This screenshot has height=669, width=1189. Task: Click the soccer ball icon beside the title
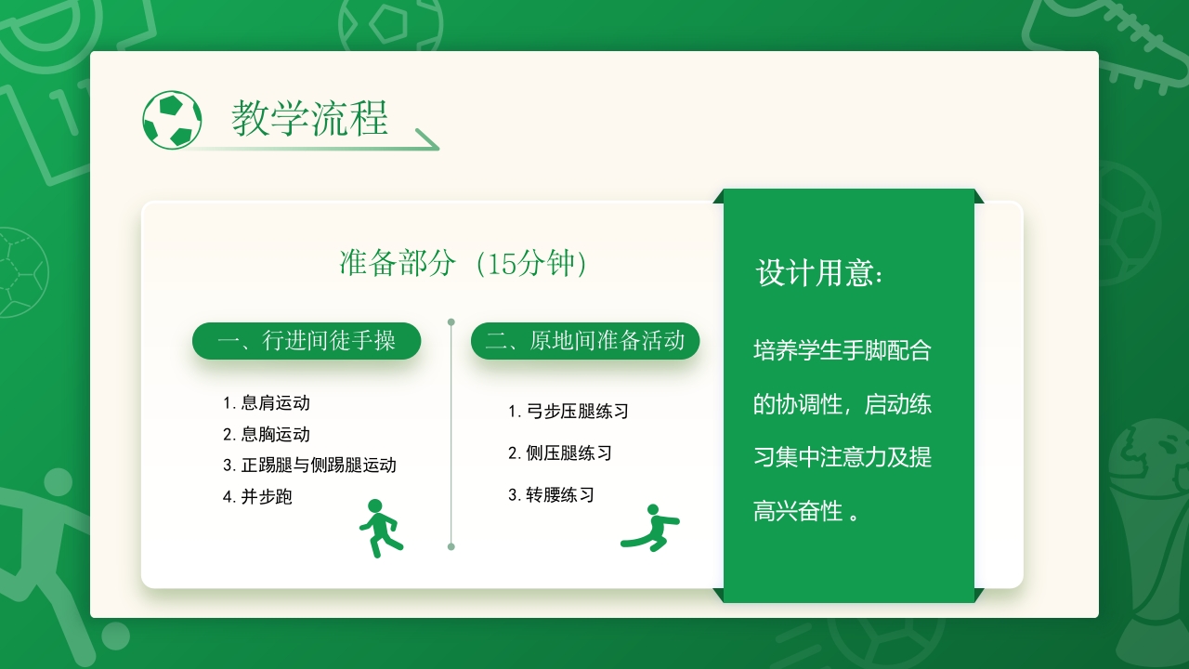(172, 120)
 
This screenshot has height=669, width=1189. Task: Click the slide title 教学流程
(309, 119)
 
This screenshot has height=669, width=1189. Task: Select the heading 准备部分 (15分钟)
(464, 264)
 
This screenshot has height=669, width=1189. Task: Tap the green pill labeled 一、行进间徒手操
(307, 341)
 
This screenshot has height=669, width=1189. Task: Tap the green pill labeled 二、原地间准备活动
(585, 341)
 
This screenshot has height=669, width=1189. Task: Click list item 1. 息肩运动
(267, 403)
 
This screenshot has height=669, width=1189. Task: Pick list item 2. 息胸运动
(267, 435)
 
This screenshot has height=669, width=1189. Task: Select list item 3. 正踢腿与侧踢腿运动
(309, 466)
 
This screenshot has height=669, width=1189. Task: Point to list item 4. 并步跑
(257, 497)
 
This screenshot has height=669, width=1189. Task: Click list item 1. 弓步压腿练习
(568, 412)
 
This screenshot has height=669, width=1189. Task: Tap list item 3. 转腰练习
(551, 495)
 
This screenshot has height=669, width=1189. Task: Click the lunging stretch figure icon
(650, 528)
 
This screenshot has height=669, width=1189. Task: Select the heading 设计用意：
(820, 273)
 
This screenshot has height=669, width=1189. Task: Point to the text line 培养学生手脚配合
(842, 351)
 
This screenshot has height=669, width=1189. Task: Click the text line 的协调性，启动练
(842, 405)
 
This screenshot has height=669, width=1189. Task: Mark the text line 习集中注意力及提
(842, 458)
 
